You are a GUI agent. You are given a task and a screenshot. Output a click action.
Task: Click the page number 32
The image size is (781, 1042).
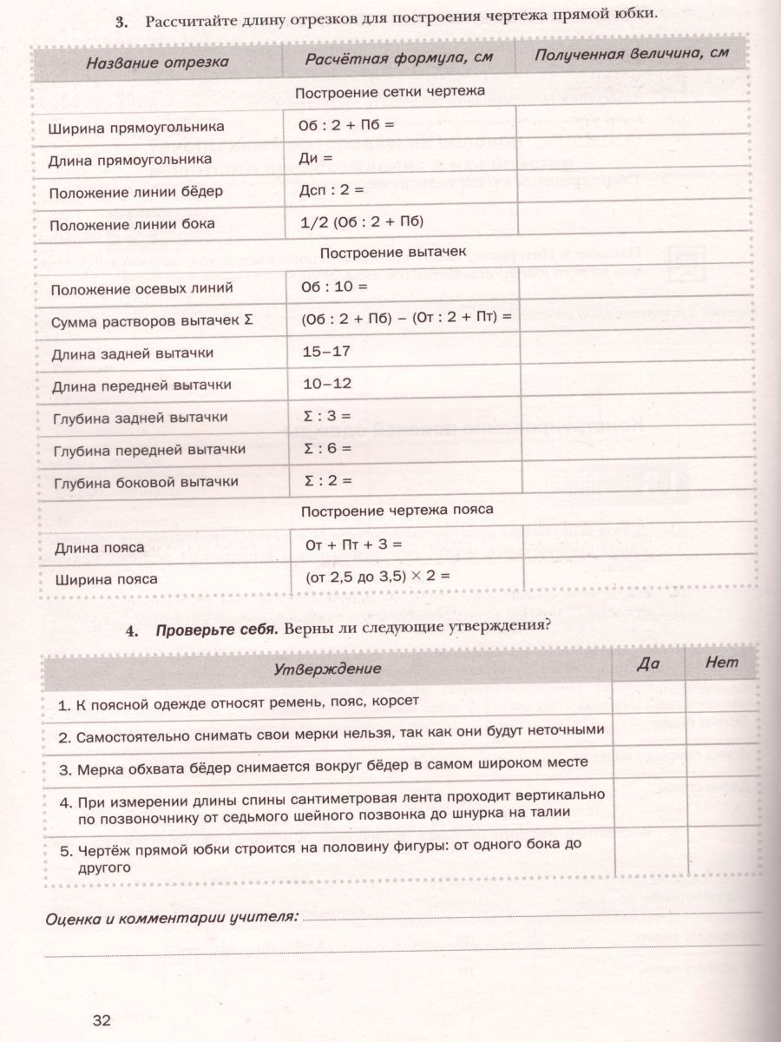click(x=102, y=1019)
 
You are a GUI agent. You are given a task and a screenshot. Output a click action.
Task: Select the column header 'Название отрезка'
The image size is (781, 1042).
click(x=157, y=62)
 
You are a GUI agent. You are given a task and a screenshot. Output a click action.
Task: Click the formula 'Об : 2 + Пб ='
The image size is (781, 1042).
click(x=346, y=124)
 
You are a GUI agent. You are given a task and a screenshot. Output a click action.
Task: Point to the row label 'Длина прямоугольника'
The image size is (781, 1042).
click(x=130, y=160)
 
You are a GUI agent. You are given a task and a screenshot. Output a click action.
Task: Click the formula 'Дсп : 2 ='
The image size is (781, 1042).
click(x=331, y=188)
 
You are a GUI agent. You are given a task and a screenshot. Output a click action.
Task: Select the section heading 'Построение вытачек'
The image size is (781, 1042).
click(x=393, y=253)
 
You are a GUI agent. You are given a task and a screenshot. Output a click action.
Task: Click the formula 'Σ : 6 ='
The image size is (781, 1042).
click(x=326, y=448)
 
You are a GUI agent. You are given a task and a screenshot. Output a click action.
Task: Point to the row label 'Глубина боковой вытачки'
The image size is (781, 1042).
click(x=146, y=482)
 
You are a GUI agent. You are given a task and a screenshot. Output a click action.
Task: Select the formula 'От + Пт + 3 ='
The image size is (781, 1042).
click(x=354, y=545)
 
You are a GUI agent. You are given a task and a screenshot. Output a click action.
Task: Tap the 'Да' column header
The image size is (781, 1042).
click(x=648, y=663)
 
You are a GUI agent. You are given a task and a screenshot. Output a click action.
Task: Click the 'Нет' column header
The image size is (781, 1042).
click(x=722, y=663)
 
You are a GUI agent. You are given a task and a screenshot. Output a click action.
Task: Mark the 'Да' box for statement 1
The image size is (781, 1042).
click(x=648, y=699)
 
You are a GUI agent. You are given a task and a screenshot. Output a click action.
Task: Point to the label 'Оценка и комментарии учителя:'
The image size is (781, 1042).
click(x=170, y=917)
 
